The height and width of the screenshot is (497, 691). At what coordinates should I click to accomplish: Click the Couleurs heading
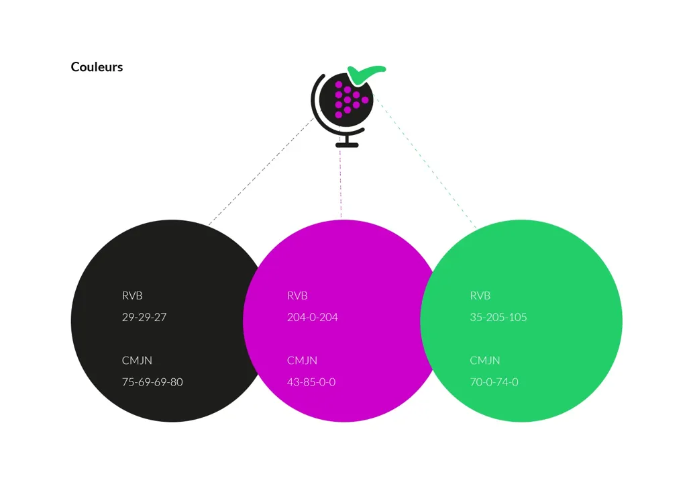(x=97, y=67)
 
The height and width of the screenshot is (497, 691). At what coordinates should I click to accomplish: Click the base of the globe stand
(x=347, y=145)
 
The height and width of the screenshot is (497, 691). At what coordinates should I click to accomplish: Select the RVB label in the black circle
(x=132, y=296)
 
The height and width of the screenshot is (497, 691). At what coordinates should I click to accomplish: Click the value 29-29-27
(x=144, y=317)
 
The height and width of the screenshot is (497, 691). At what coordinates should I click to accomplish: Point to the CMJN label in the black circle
(x=137, y=360)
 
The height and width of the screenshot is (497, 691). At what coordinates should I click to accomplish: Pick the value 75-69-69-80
(x=152, y=382)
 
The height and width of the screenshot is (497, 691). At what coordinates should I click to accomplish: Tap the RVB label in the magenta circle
(x=297, y=296)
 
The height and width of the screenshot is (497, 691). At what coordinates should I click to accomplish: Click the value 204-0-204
(x=313, y=317)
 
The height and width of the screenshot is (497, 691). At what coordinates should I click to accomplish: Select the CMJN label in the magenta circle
(x=303, y=360)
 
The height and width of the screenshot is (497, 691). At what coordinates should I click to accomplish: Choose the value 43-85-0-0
(x=311, y=382)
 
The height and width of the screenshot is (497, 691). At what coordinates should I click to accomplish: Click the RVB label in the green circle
(x=480, y=296)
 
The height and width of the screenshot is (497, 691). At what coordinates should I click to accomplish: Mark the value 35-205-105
(x=498, y=317)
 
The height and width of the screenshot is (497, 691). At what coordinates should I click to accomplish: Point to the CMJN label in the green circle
(x=485, y=360)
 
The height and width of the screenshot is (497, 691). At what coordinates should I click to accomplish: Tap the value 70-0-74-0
(x=494, y=382)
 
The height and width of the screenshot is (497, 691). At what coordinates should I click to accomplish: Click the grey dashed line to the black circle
(x=261, y=171)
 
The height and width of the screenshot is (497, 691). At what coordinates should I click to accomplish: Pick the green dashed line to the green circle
(x=425, y=161)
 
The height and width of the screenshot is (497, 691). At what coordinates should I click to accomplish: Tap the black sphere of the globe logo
(x=346, y=101)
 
